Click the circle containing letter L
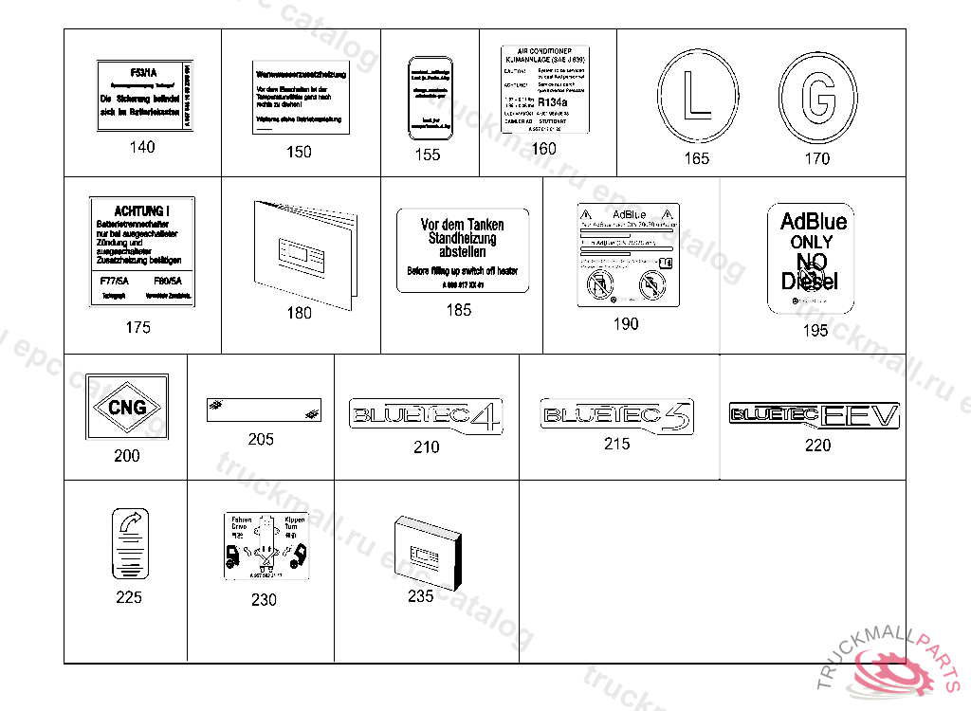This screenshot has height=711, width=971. coord(696,98)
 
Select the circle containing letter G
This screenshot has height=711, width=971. coord(816,98)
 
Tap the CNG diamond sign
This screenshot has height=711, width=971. coord(126,409)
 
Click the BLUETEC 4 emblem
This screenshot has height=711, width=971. coord(426,415)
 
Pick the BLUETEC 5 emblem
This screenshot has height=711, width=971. coord(616,415)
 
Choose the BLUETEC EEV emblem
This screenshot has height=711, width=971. coord(815,414)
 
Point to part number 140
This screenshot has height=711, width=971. coord(141,147)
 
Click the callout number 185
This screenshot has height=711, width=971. coord(458,310)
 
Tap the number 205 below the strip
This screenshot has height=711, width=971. coord(261,439)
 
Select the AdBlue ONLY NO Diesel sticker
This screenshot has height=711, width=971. coord(813,257)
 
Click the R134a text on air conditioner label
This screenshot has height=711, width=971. coord(553,102)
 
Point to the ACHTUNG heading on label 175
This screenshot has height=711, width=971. coord(141,210)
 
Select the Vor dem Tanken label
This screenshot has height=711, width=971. coord(462,250)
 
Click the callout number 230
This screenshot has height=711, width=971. coord(264,599)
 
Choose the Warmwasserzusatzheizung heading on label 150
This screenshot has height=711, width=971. coord(302,74)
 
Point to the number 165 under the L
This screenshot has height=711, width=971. coord(696,158)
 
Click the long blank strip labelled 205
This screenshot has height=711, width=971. coord(264,410)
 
